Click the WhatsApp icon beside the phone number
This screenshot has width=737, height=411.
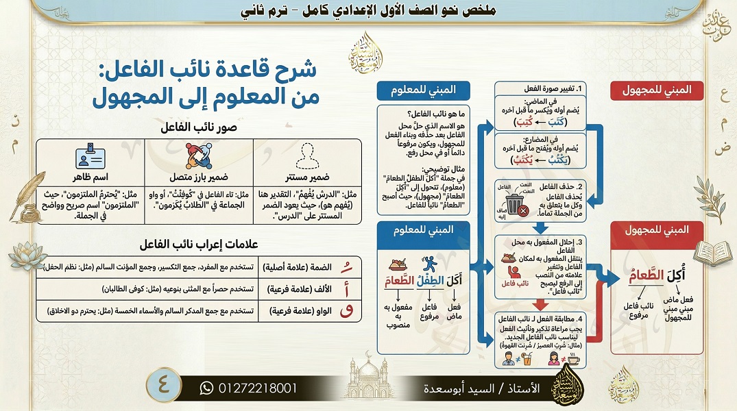(x=206, y=388)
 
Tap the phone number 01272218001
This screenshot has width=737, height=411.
(x=258, y=388)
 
